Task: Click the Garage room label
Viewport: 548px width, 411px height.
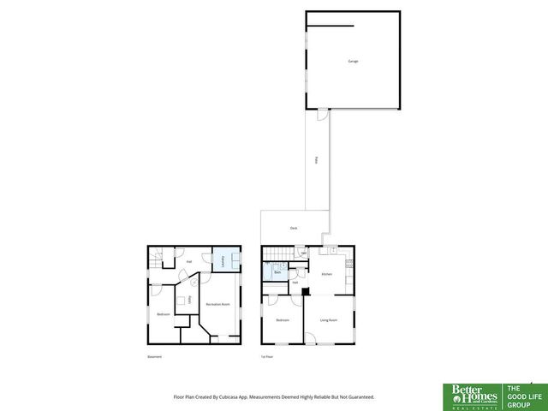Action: click(353, 62)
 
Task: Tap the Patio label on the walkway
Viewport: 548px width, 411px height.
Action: click(316, 159)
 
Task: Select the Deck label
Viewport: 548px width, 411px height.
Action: click(293, 228)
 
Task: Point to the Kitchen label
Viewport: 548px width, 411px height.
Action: click(326, 274)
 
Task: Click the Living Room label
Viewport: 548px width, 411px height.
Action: click(329, 320)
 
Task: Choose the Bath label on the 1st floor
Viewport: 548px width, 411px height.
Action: click(277, 272)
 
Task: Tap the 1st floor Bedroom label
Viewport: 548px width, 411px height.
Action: click(283, 320)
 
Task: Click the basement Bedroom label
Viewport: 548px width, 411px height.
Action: click(163, 314)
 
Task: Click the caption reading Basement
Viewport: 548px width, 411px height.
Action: click(154, 356)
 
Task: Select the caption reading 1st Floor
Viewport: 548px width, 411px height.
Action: click(268, 356)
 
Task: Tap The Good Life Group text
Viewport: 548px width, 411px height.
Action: click(522, 395)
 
